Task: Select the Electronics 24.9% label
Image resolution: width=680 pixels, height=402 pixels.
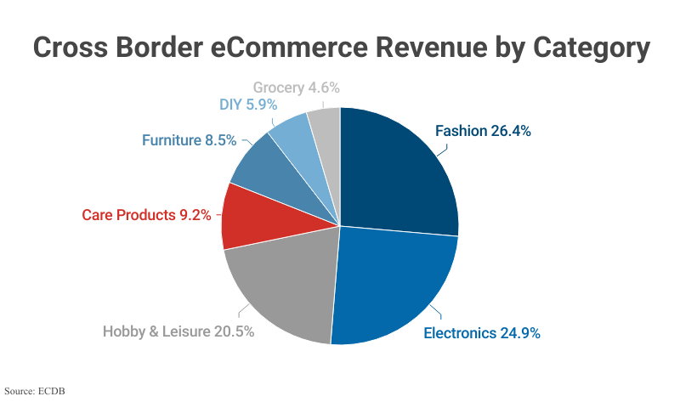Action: pos(482,332)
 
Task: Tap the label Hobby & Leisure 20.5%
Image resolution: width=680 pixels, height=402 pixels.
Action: pos(178,331)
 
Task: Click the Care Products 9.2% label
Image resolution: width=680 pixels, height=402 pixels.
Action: pos(146,215)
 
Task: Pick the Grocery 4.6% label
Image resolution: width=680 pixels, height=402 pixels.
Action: pos(297,87)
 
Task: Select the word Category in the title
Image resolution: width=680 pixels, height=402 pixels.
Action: pos(592,48)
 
